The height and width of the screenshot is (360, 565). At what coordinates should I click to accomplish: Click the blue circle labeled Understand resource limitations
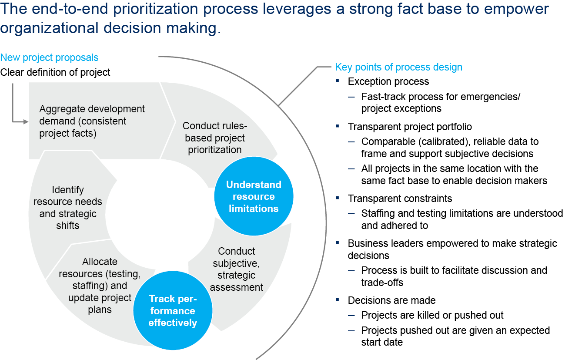(x=254, y=196)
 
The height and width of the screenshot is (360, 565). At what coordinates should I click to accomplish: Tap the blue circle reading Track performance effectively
(x=173, y=311)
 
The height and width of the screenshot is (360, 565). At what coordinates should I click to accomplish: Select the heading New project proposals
(x=49, y=57)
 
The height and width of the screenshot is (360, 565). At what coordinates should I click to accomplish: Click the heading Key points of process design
(x=398, y=67)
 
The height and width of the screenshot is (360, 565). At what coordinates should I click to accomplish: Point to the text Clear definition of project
(x=55, y=72)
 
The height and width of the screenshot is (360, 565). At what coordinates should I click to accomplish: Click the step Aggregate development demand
(x=92, y=121)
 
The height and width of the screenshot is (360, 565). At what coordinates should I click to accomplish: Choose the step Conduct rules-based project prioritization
(x=215, y=138)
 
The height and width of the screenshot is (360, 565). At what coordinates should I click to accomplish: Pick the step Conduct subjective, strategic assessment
(x=237, y=269)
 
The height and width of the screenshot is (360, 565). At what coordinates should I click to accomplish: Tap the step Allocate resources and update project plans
(x=100, y=286)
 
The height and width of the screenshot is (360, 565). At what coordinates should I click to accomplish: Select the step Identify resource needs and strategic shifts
(x=68, y=208)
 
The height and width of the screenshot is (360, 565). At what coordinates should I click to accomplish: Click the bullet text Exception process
(x=388, y=81)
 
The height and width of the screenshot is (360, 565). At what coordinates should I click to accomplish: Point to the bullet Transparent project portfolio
(x=410, y=127)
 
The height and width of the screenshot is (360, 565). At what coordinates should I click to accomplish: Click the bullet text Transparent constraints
(x=400, y=199)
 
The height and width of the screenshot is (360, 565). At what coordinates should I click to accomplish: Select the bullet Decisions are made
(x=391, y=300)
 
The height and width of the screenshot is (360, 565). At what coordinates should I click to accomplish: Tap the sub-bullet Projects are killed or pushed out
(x=432, y=315)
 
